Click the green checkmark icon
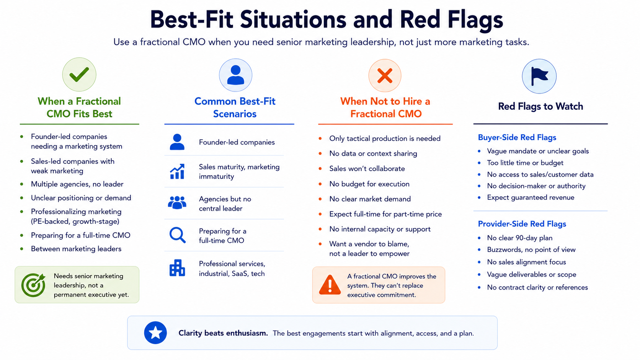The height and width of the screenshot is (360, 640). click(79, 75)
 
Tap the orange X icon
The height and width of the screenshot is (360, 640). click(385, 76)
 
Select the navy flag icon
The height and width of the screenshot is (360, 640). click(539, 76)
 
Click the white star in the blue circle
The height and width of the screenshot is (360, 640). click(155, 333)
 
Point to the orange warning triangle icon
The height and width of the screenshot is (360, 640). click(330, 285)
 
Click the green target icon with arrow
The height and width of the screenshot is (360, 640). click(33, 285)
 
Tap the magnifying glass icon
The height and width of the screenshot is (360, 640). click(178, 235)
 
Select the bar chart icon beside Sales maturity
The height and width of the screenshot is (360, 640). click(177, 171)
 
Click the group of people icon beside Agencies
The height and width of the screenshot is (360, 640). click(177, 203)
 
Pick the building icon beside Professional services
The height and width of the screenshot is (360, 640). click(177, 268)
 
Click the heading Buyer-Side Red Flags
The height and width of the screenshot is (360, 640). click(517, 138)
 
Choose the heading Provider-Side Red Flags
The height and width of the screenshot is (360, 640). click(522, 224)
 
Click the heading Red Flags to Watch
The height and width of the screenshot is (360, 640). click(540, 106)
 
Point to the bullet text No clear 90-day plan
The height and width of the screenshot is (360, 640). click(520, 238)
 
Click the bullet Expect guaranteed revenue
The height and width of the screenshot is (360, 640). click(531, 197)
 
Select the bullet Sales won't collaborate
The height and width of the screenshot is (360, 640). click(367, 168)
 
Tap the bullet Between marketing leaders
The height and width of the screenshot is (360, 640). click(76, 249)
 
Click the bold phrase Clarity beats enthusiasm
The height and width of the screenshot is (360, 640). click(223, 333)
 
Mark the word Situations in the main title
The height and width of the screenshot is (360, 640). click(293, 20)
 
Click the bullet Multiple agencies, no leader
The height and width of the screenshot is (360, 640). click(77, 184)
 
